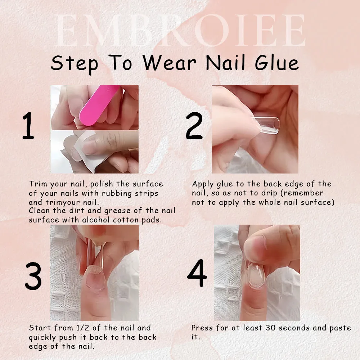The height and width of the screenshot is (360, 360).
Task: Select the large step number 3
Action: tap(33, 275)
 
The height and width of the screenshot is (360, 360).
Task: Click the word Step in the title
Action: tap(74, 63)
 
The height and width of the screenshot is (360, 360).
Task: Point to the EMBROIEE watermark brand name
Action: tap(180, 31)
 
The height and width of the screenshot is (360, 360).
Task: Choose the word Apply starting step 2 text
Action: tap(203, 184)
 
